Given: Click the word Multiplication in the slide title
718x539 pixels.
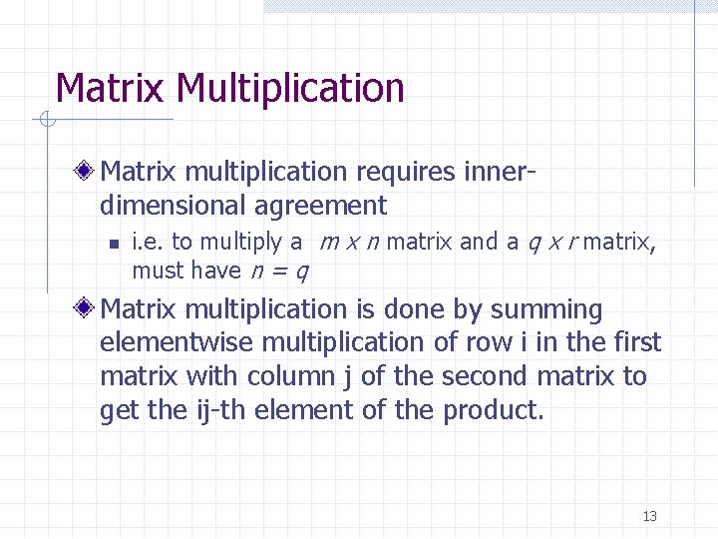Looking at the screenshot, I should pos(290,89).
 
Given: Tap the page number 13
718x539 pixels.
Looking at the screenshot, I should pos(650,516).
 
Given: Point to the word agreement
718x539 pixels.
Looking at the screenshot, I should pos(321,207).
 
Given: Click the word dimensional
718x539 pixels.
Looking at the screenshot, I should pos(173,207).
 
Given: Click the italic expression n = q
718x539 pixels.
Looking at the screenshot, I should pos(279,270).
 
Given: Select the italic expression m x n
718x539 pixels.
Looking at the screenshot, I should pos(349,242).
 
